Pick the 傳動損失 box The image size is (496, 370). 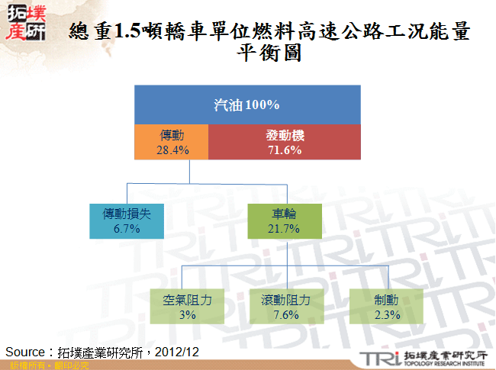pyautogui.click(x=127, y=221)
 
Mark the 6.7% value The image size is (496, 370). pyautogui.click(x=127, y=229)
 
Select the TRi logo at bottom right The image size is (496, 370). pyautogui.click(x=378, y=359)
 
